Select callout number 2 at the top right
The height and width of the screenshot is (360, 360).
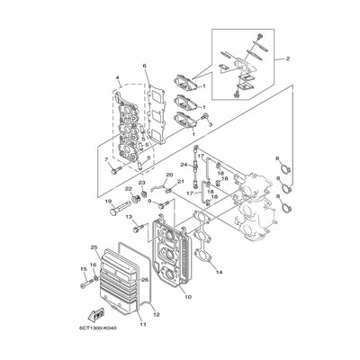click(288, 59)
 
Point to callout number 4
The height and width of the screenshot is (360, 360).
click(117, 79)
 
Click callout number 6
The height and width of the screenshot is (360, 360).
click(144, 67)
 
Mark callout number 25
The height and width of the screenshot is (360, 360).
click(94, 247)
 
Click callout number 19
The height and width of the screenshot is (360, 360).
click(107, 201)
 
